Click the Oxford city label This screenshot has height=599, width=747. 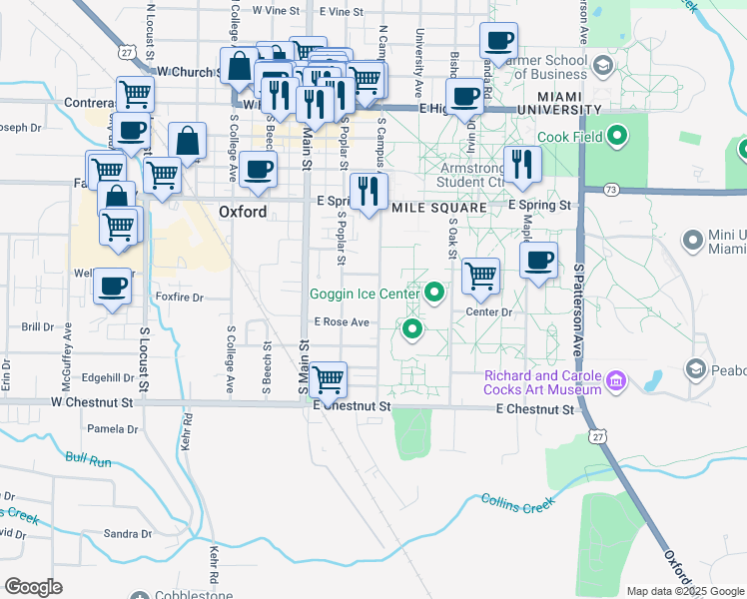tap(243, 212)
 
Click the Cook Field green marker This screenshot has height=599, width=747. tap(618, 136)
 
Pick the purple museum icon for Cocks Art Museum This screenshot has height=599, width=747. tap(616, 380)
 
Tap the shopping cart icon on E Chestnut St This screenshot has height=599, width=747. tap(329, 379)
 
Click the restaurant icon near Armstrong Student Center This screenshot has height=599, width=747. tap(521, 164)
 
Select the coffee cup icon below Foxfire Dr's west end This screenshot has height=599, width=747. tap(112, 288)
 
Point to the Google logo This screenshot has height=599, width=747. tap(33, 587)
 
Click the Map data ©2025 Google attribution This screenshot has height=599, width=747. tap(685, 591)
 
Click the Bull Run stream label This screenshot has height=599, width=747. tap(89, 459)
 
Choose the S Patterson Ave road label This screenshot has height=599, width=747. tap(578, 309)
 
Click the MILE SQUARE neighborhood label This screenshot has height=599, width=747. tap(438, 208)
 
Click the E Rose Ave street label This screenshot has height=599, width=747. tap(342, 322)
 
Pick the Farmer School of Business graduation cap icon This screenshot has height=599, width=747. tap(602, 67)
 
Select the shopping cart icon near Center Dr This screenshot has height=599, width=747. tap(481, 277)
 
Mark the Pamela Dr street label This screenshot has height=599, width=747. tap(113, 429)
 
